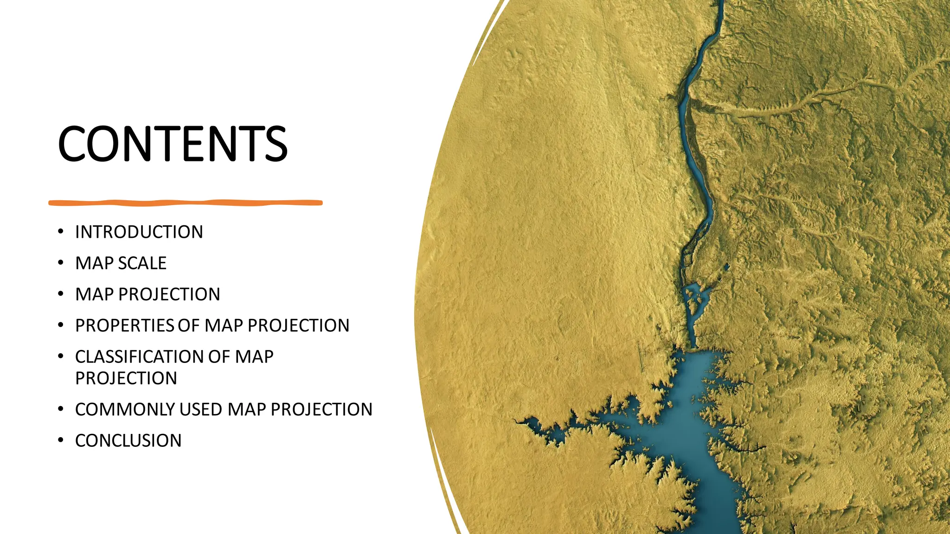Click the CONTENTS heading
tap(173, 144)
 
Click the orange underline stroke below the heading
tap(186, 203)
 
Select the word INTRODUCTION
tap(139, 232)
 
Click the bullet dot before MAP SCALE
tap(60, 263)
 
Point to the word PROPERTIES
tap(124, 325)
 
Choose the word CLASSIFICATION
tap(139, 356)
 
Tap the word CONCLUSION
tap(128, 440)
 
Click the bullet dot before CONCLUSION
tap(60, 440)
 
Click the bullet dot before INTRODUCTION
tap(60, 231)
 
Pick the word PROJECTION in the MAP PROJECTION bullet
tap(169, 294)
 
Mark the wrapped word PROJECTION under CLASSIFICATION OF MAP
tap(126, 378)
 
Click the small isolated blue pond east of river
tap(726, 267)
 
